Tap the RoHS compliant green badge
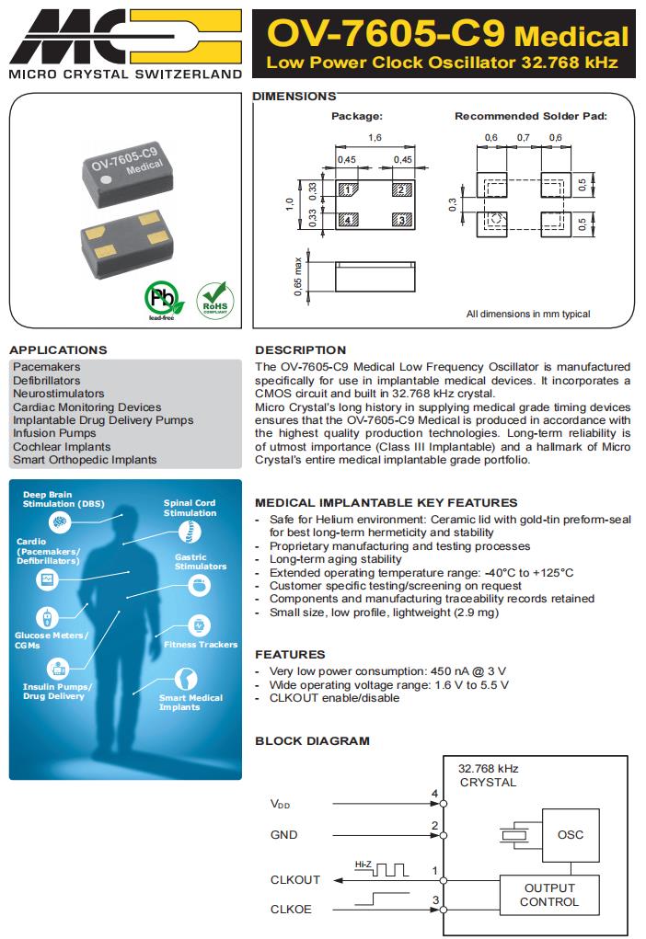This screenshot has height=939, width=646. pyautogui.click(x=215, y=300)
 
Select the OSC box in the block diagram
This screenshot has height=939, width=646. pyautogui.click(x=571, y=835)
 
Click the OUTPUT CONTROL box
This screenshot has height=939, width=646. pyautogui.click(x=548, y=895)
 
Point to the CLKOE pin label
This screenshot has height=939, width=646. pyautogui.click(x=292, y=909)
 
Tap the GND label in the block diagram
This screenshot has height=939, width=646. pyautogui.click(x=283, y=835)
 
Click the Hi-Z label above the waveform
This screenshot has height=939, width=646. pyautogui.click(x=363, y=865)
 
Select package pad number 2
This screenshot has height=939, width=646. pyautogui.click(x=400, y=190)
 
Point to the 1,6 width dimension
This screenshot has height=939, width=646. pyautogui.click(x=375, y=137)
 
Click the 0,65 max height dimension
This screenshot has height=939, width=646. pyautogui.click(x=297, y=276)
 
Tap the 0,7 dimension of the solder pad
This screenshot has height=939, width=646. pyautogui.click(x=523, y=137)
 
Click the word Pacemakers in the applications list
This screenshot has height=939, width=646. pyautogui.click(x=47, y=367)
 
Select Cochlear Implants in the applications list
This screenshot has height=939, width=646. pyautogui.click(x=62, y=446)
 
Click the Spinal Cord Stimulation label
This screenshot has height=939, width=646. pyautogui.click(x=190, y=508)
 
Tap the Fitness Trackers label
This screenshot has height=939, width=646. pyautogui.click(x=201, y=645)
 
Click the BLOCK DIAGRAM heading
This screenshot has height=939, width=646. pyautogui.click(x=312, y=740)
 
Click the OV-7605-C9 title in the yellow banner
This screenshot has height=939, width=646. pyautogui.click(x=386, y=35)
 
